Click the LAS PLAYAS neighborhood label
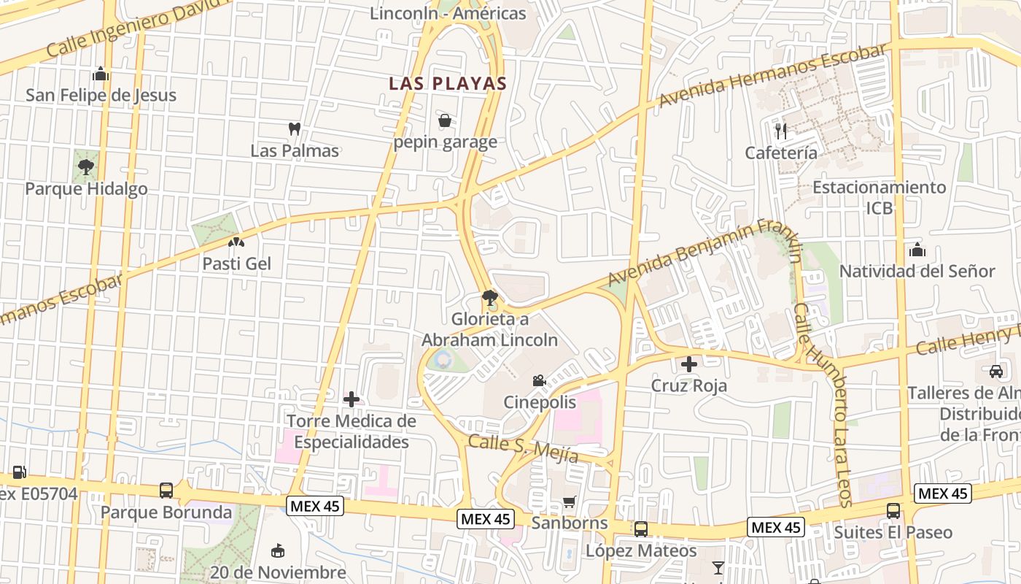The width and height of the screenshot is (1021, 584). [x=447, y=83]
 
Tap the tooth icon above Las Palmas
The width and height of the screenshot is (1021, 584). [x=295, y=129]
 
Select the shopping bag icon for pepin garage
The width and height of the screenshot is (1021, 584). [x=444, y=120]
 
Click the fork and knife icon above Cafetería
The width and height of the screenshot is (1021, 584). [x=781, y=131]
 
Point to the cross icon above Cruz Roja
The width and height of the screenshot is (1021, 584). [x=688, y=364]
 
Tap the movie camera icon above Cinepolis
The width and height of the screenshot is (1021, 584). [x=539, y=380]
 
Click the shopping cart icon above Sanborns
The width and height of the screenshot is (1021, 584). [x=569, y=502]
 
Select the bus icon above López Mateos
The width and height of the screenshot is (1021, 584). [x=640, y=529]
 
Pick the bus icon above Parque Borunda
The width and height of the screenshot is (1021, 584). [x=166, y=490]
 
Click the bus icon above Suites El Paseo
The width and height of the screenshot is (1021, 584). [x=893, y=511]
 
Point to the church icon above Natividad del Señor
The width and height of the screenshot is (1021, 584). [x=917, y=250]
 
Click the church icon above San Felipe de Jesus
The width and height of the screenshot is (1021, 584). [x=101, y=74]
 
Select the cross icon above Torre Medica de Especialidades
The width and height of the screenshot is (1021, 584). [x=352, y=399]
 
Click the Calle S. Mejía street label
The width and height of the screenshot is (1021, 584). [x=523, y=448]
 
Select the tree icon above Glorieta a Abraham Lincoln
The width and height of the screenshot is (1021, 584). [x=489, y=298]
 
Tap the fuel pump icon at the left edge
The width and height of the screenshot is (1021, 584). [x=20, y=472]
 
